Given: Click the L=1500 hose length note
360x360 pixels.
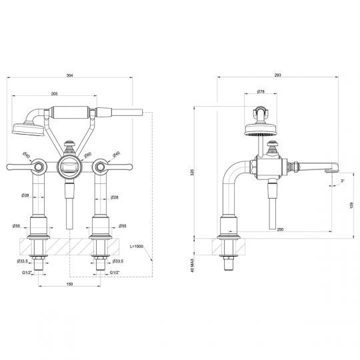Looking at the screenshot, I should coord(137,246).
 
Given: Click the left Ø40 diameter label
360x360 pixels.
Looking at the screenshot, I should coord(25,155).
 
